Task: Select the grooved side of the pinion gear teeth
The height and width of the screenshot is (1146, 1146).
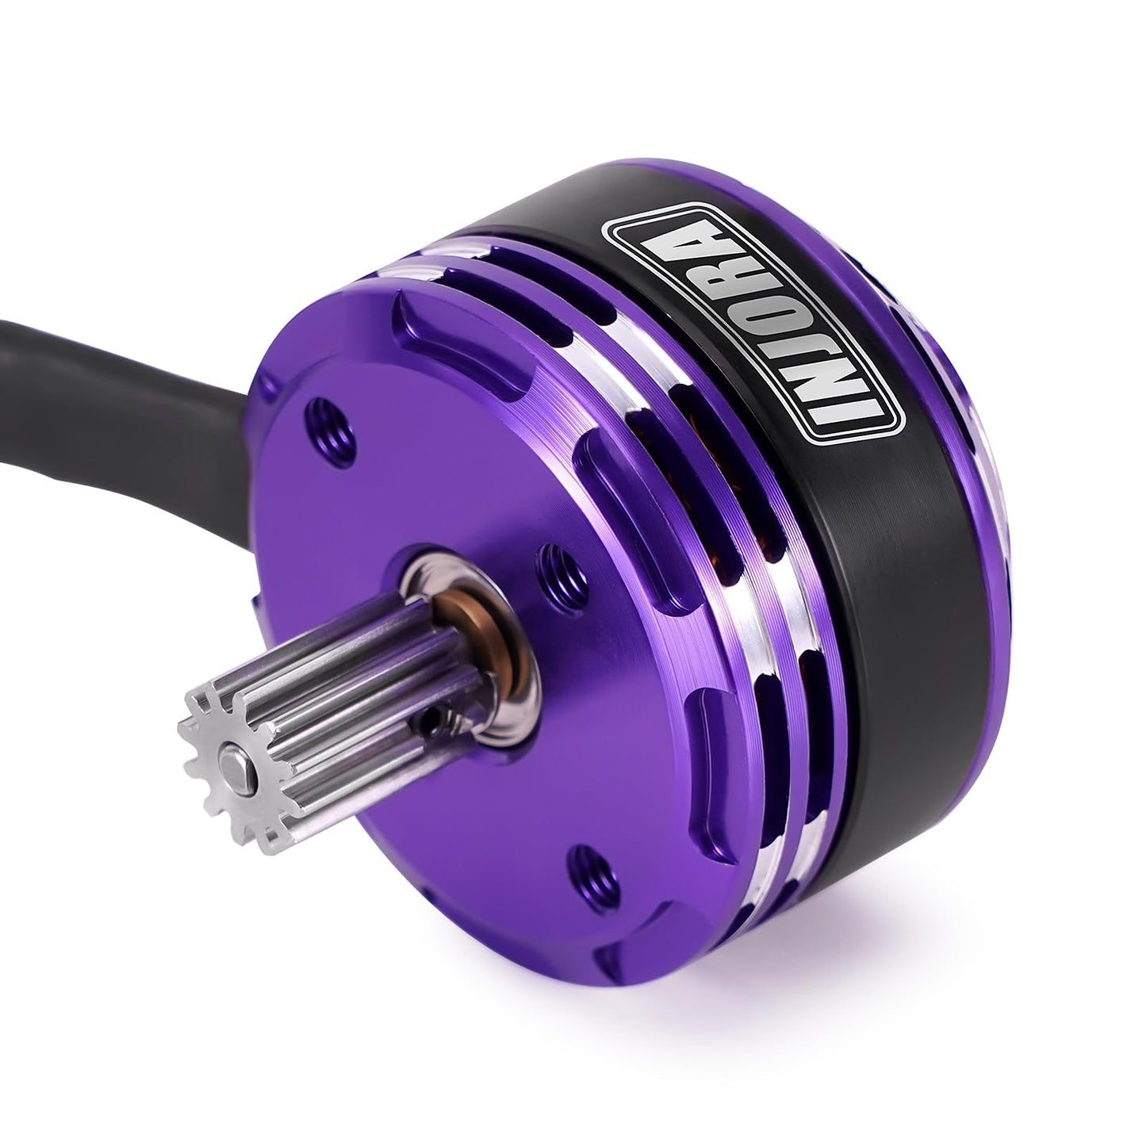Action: [x=317, y=706]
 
